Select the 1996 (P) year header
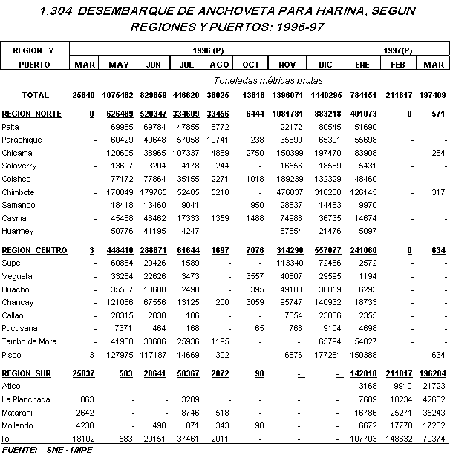click(x=209, y=50)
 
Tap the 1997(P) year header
click(x=399, y=50)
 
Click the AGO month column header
click(x=219, y=65)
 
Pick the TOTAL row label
click(x=35, y=95)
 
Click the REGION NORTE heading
click(x=32, y=114)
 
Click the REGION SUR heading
click(x=27, y=373)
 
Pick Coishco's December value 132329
click(x=327, y=179)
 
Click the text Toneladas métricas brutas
click(x=257, y=79)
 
